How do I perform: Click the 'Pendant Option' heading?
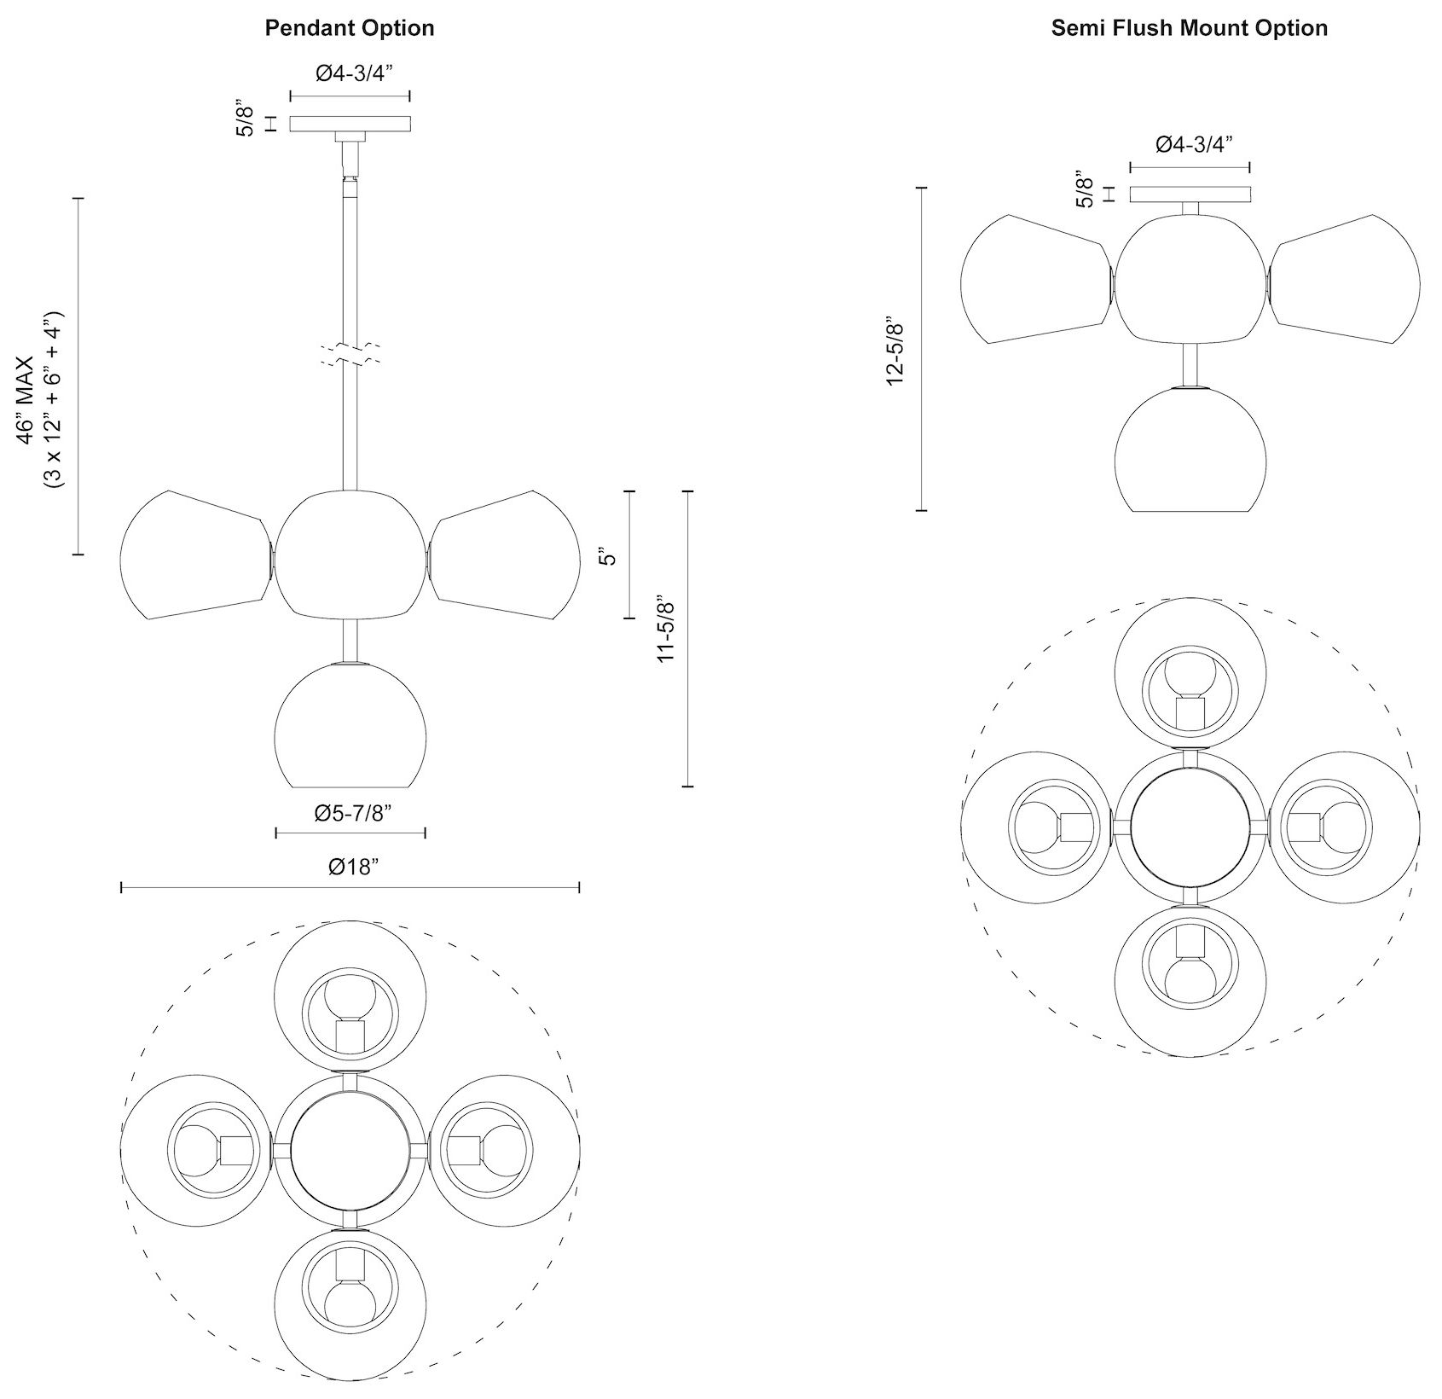pyautogui.click(x=349, y=28)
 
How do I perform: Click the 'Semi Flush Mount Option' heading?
pyautogui.click(x=1189, y=28)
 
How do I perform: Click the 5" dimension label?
pyautogui.click(x=608, y=557)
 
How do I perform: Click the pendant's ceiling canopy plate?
pyautogui.click(x=350, y=124)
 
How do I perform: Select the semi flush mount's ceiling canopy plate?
pyautogui.click(x=1190, y=194)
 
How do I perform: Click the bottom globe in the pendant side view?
pyautogui.click(x=350, y=725)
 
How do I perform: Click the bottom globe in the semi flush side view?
pyautogui.click(x=1190, y=450)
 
